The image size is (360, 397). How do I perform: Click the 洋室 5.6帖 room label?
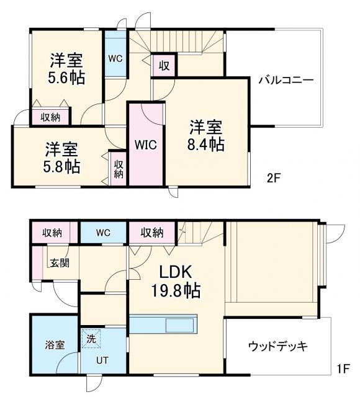(x=68, y=69)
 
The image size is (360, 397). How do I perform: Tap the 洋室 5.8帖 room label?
(x=61, y=158)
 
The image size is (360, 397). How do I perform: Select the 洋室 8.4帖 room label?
(x=207, y=135)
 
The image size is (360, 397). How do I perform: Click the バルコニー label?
(x=286, y=79)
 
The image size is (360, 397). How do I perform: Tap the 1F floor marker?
(x=343, y=368)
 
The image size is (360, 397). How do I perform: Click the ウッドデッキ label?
(x=277, y=346)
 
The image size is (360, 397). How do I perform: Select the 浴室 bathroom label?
(x=54, y=345)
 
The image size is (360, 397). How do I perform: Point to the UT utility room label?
(x=102, y=360)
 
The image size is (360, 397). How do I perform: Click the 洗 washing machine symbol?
(x=91, y=339)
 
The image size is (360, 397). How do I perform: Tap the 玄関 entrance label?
(x=60, y=262)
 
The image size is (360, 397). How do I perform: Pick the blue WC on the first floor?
(x=103, y=233)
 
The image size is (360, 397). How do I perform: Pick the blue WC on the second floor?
(x=115, y=59)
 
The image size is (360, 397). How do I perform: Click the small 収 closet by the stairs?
(x=164, y=65)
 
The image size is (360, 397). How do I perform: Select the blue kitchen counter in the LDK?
(x=163, y=325)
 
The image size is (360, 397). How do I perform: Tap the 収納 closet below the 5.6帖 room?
(x=51, y=117)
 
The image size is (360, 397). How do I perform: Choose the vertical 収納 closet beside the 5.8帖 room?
(x=118, y=167)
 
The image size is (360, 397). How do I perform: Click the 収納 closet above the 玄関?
(x=52, y=233)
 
